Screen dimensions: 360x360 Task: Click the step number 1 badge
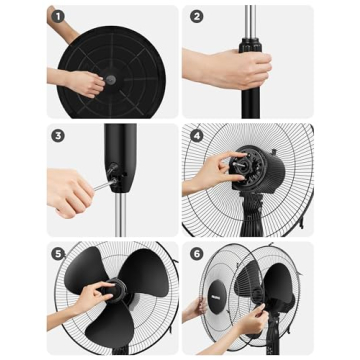57,17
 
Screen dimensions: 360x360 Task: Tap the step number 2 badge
196,17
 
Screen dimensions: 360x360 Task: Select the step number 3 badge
57,136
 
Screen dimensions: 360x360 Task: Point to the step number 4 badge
196,136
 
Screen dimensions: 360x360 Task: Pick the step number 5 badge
57,254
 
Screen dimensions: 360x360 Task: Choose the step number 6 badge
196,254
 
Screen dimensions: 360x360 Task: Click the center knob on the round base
111,78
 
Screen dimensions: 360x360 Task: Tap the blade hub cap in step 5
113,291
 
